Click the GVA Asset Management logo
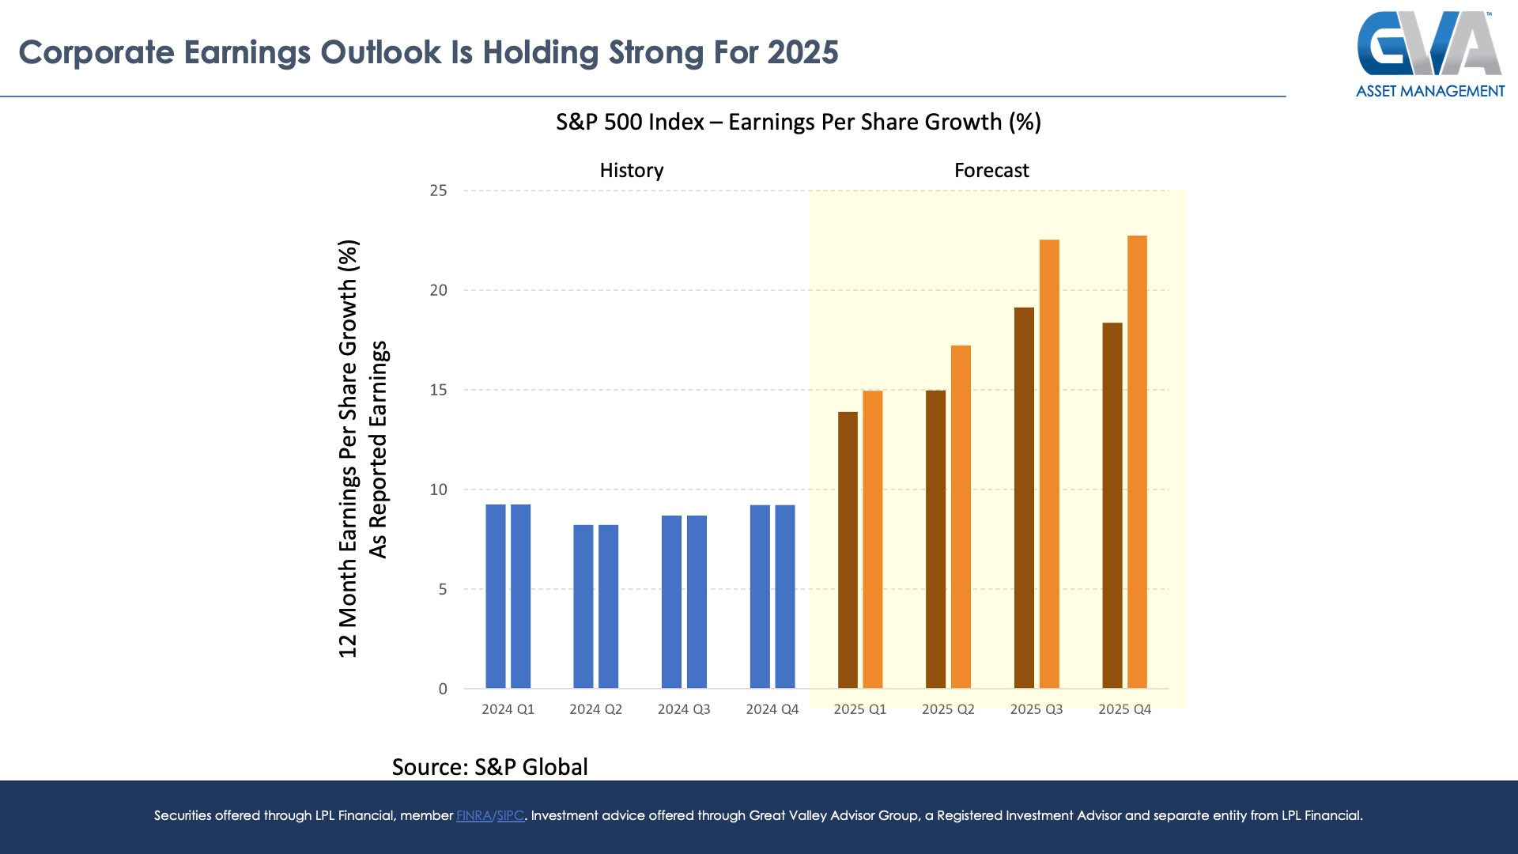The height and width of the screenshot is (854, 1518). (1430, 54)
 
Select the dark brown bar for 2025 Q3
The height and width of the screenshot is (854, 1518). (1024, 498)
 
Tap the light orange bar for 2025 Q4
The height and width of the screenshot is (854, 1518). (1137, 462)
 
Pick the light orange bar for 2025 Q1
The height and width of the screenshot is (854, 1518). (872, 539)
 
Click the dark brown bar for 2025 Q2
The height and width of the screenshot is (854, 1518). (935, 539)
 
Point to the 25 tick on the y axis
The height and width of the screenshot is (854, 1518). (438, 191)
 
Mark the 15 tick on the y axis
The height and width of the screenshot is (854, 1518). (438, 390)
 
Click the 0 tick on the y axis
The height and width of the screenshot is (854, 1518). (443, 689)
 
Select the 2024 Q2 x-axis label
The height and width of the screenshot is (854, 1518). (595, 709)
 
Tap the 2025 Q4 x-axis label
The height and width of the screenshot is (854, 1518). (1124, 709)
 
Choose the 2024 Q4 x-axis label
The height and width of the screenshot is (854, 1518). (772, 709)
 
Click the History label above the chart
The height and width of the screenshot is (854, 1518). (632, 171)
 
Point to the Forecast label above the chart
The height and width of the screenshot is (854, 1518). (991, 171)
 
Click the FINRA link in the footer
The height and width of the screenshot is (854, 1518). (474, 815)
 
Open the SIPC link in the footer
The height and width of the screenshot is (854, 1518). (510, 815)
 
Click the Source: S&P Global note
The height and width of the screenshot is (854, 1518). (489, 767)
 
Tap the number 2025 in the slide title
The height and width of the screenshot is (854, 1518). (802, 52)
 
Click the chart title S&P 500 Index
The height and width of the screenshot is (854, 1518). (629, 123)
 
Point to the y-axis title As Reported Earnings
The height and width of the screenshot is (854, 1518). (379, 449)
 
